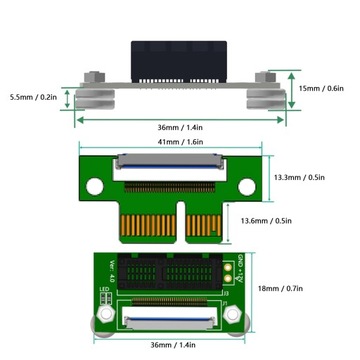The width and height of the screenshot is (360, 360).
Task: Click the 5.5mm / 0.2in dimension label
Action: [31, 98]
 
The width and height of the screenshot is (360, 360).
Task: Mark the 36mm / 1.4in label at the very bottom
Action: [172, 345]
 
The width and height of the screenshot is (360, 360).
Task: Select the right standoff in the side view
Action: [265, 92]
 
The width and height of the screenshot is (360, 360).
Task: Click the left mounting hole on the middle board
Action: [95, 184]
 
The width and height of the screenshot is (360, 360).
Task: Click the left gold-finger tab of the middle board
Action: [140, 219]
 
